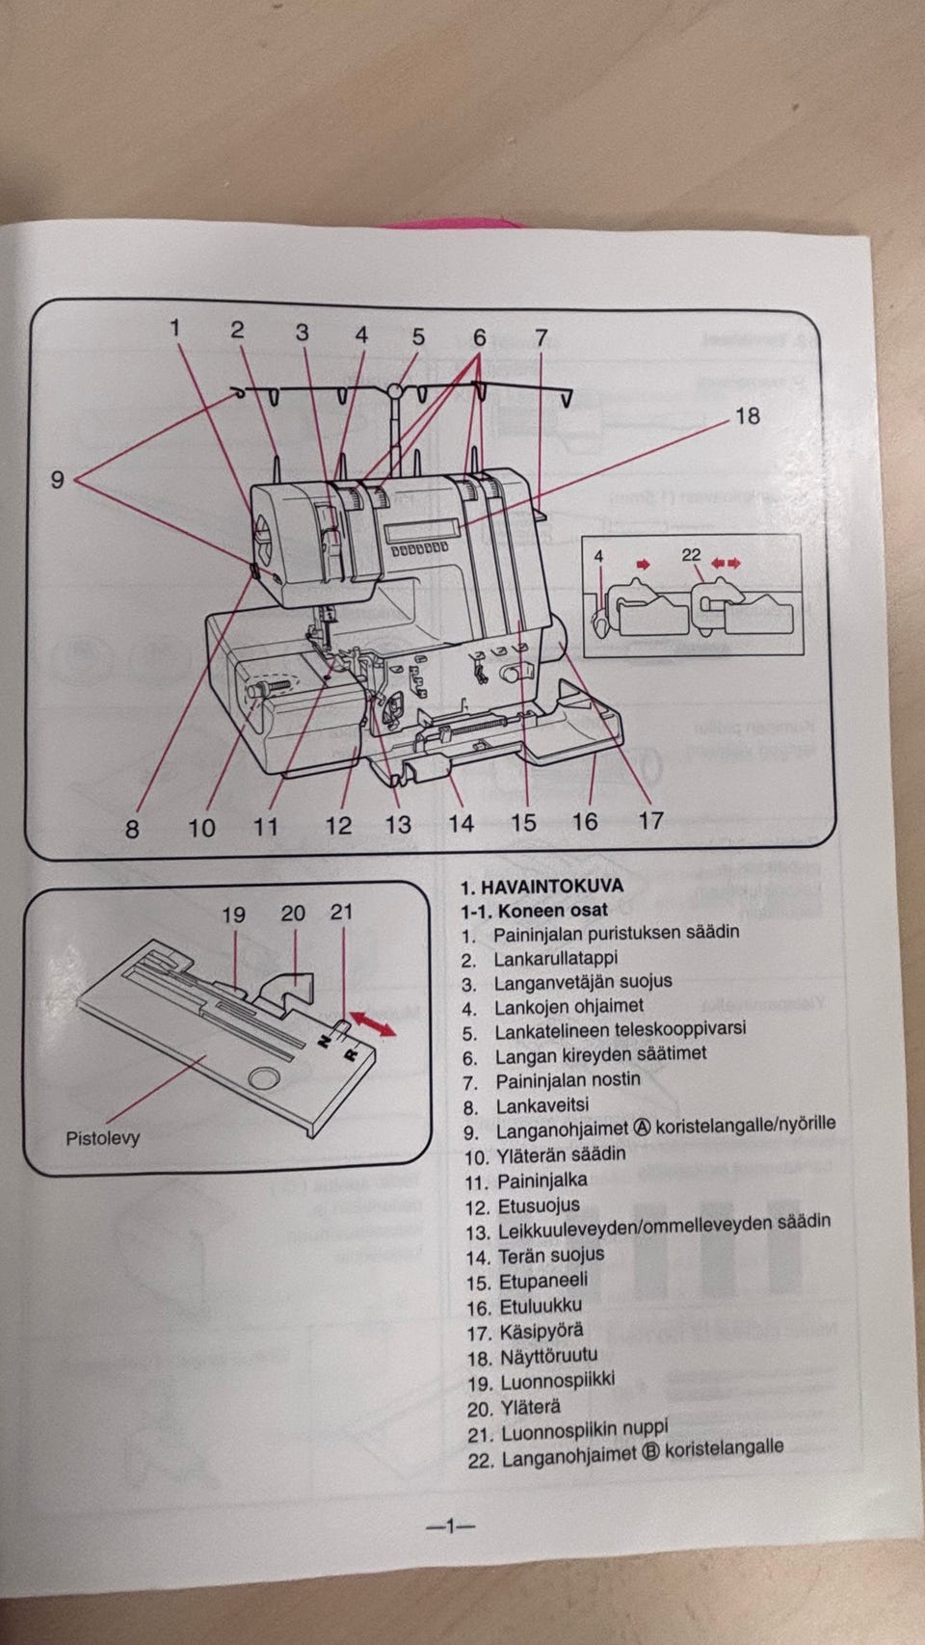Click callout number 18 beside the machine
point(748,416)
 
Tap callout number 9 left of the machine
point(57,479)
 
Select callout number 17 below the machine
point(651,820)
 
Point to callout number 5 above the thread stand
point(418,337)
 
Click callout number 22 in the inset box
point(691,555)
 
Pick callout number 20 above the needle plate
point(293,913)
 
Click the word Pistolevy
point(102,1137)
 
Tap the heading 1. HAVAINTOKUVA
point(542,887)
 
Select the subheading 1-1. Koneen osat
point(534,910)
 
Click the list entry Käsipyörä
point(541,1332)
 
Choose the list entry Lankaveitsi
point(542,1105)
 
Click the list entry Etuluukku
point(540,1307)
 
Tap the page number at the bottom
point(451,1526)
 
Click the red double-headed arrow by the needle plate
point(372,1023)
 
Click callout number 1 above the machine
point(174,329)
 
